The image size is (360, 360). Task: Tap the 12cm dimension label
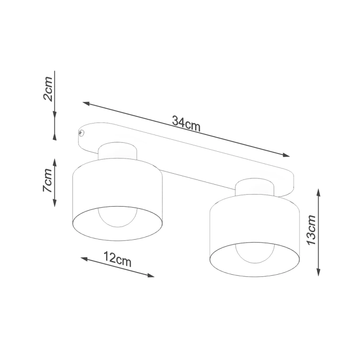(117, 258)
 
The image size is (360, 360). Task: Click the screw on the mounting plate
(81, 132)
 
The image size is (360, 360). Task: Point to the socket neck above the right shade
(254, 189)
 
